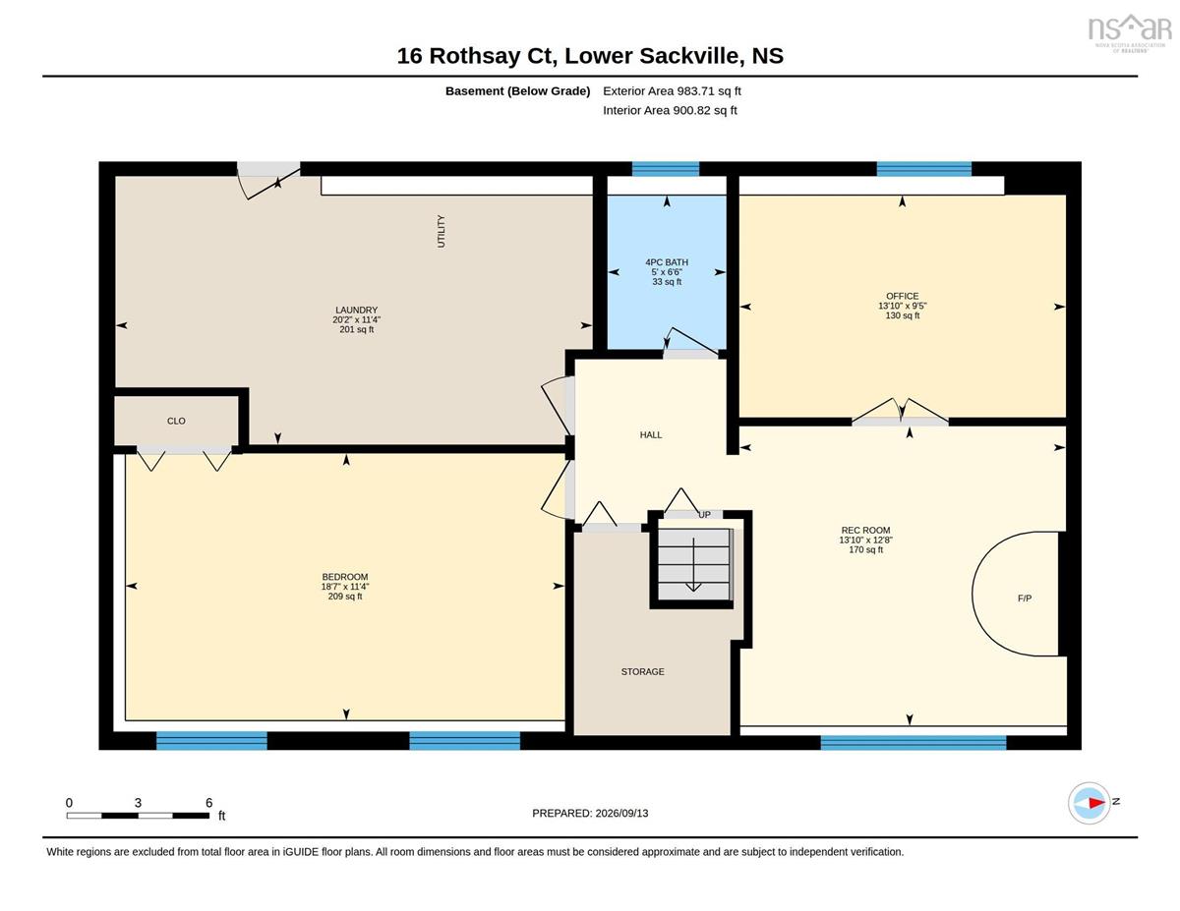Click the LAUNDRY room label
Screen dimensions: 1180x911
356,310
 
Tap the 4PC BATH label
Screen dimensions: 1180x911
667,262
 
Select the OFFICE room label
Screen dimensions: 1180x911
902,296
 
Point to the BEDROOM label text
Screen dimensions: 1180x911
345,577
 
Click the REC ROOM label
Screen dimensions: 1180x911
865,530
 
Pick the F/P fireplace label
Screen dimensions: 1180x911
1025,598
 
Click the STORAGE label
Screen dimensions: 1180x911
642,671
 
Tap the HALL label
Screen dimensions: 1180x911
651,434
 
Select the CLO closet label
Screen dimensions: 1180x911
176,421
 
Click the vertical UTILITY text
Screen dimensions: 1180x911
441,231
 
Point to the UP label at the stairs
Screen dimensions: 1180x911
704,514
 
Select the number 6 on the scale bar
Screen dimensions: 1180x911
209,803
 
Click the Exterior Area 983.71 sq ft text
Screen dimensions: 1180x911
672,91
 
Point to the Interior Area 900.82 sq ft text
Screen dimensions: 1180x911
670,110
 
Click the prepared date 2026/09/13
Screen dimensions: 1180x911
621,813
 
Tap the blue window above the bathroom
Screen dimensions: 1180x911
665,169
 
